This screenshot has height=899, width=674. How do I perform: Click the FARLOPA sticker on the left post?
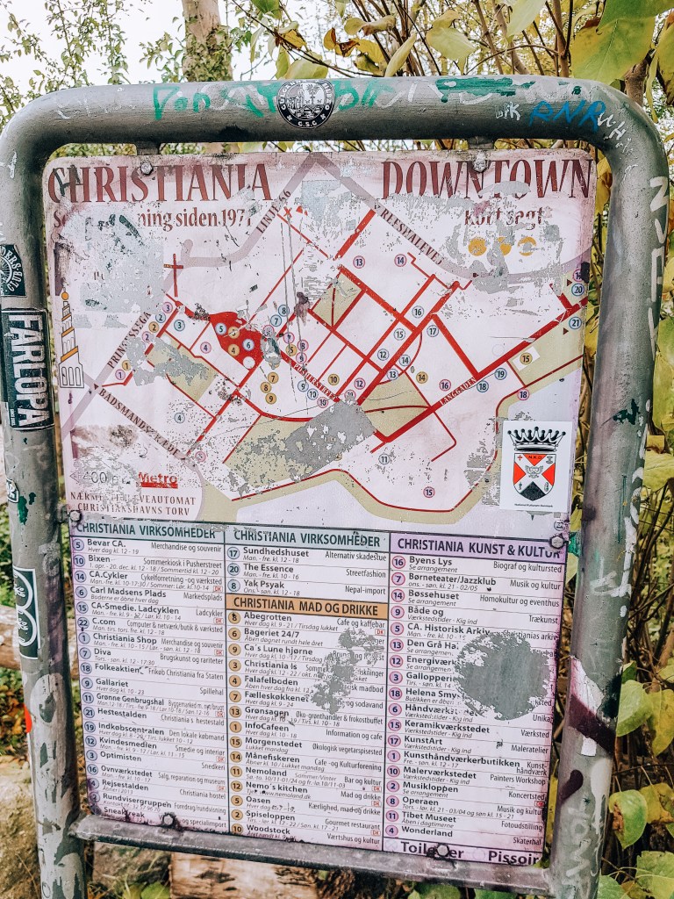pos(25,369)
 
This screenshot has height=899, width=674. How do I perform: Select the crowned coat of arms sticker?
pos(535,464)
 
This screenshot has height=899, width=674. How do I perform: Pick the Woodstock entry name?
pos(266,829)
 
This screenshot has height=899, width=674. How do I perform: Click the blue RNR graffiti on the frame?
pos(567,112)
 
